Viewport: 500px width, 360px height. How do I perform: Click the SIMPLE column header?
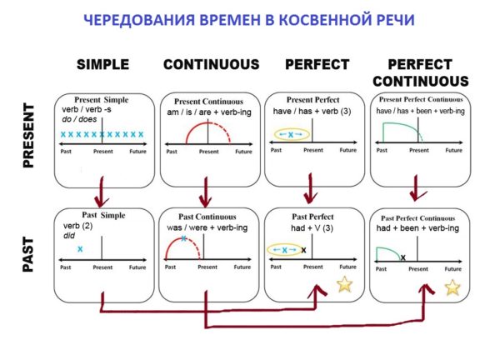point(102,64)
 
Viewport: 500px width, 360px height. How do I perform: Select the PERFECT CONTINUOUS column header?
point(421,72)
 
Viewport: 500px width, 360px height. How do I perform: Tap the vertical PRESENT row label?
point(28,136)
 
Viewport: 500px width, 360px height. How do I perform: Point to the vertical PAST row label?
point(28,254)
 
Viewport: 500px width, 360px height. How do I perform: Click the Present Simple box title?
point(102,100)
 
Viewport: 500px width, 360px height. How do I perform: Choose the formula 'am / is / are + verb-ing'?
point(209,112)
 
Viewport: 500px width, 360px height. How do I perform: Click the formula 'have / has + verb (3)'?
point(312,112)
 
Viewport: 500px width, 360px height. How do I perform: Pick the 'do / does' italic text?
point(79,119)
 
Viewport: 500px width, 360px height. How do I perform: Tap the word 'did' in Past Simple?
point(69,236)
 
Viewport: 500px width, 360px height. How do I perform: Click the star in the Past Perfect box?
point(345,284)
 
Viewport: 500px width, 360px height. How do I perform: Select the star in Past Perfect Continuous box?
point(452,287)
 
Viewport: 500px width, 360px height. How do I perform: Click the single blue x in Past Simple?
point(80,248)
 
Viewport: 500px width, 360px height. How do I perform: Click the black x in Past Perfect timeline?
point(303,250)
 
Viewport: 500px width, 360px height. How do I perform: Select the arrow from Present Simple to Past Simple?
point(102,192)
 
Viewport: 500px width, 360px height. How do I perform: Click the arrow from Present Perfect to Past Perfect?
point(310,189)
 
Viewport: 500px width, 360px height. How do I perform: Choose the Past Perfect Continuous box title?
point(417,218)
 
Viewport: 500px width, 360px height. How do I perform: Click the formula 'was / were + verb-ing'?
point(207,227)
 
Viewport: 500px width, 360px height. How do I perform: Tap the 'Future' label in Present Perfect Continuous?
point(454,150)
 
